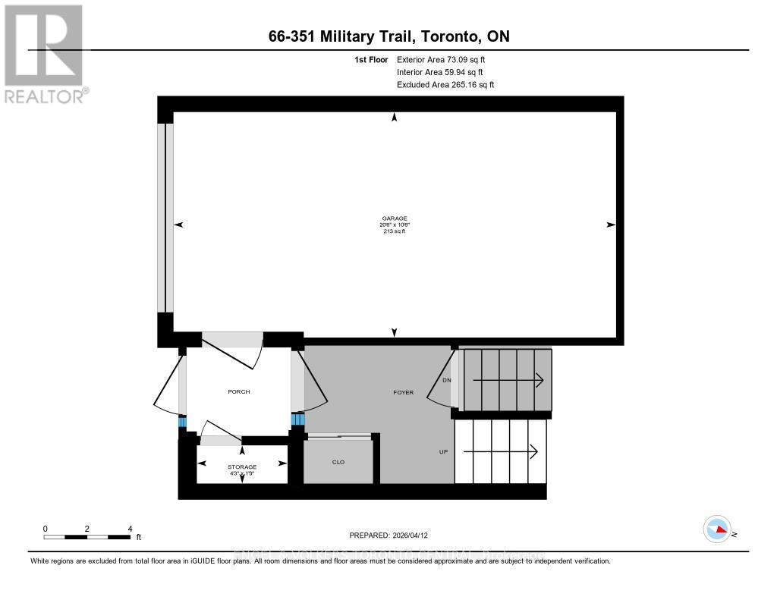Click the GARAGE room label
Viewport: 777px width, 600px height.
pos(394,218)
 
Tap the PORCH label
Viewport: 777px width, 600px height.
pos(239,392)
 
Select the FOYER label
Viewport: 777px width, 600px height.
pos(403,392)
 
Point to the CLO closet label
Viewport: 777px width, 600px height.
pos(338,462)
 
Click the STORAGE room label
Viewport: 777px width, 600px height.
pos(242,466)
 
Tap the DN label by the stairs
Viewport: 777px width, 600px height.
pos(447,380)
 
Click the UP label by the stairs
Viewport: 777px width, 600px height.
pos(443,451)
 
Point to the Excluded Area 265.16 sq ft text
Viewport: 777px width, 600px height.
pos(445,85)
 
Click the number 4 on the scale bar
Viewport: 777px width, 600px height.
pos(130,529)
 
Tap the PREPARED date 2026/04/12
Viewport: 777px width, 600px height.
pos(416,535)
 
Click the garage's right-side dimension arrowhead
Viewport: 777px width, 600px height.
pos(611,225)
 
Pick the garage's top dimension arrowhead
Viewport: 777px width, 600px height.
pos(394,117)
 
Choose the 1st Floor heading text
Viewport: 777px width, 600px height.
pos(371,59)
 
